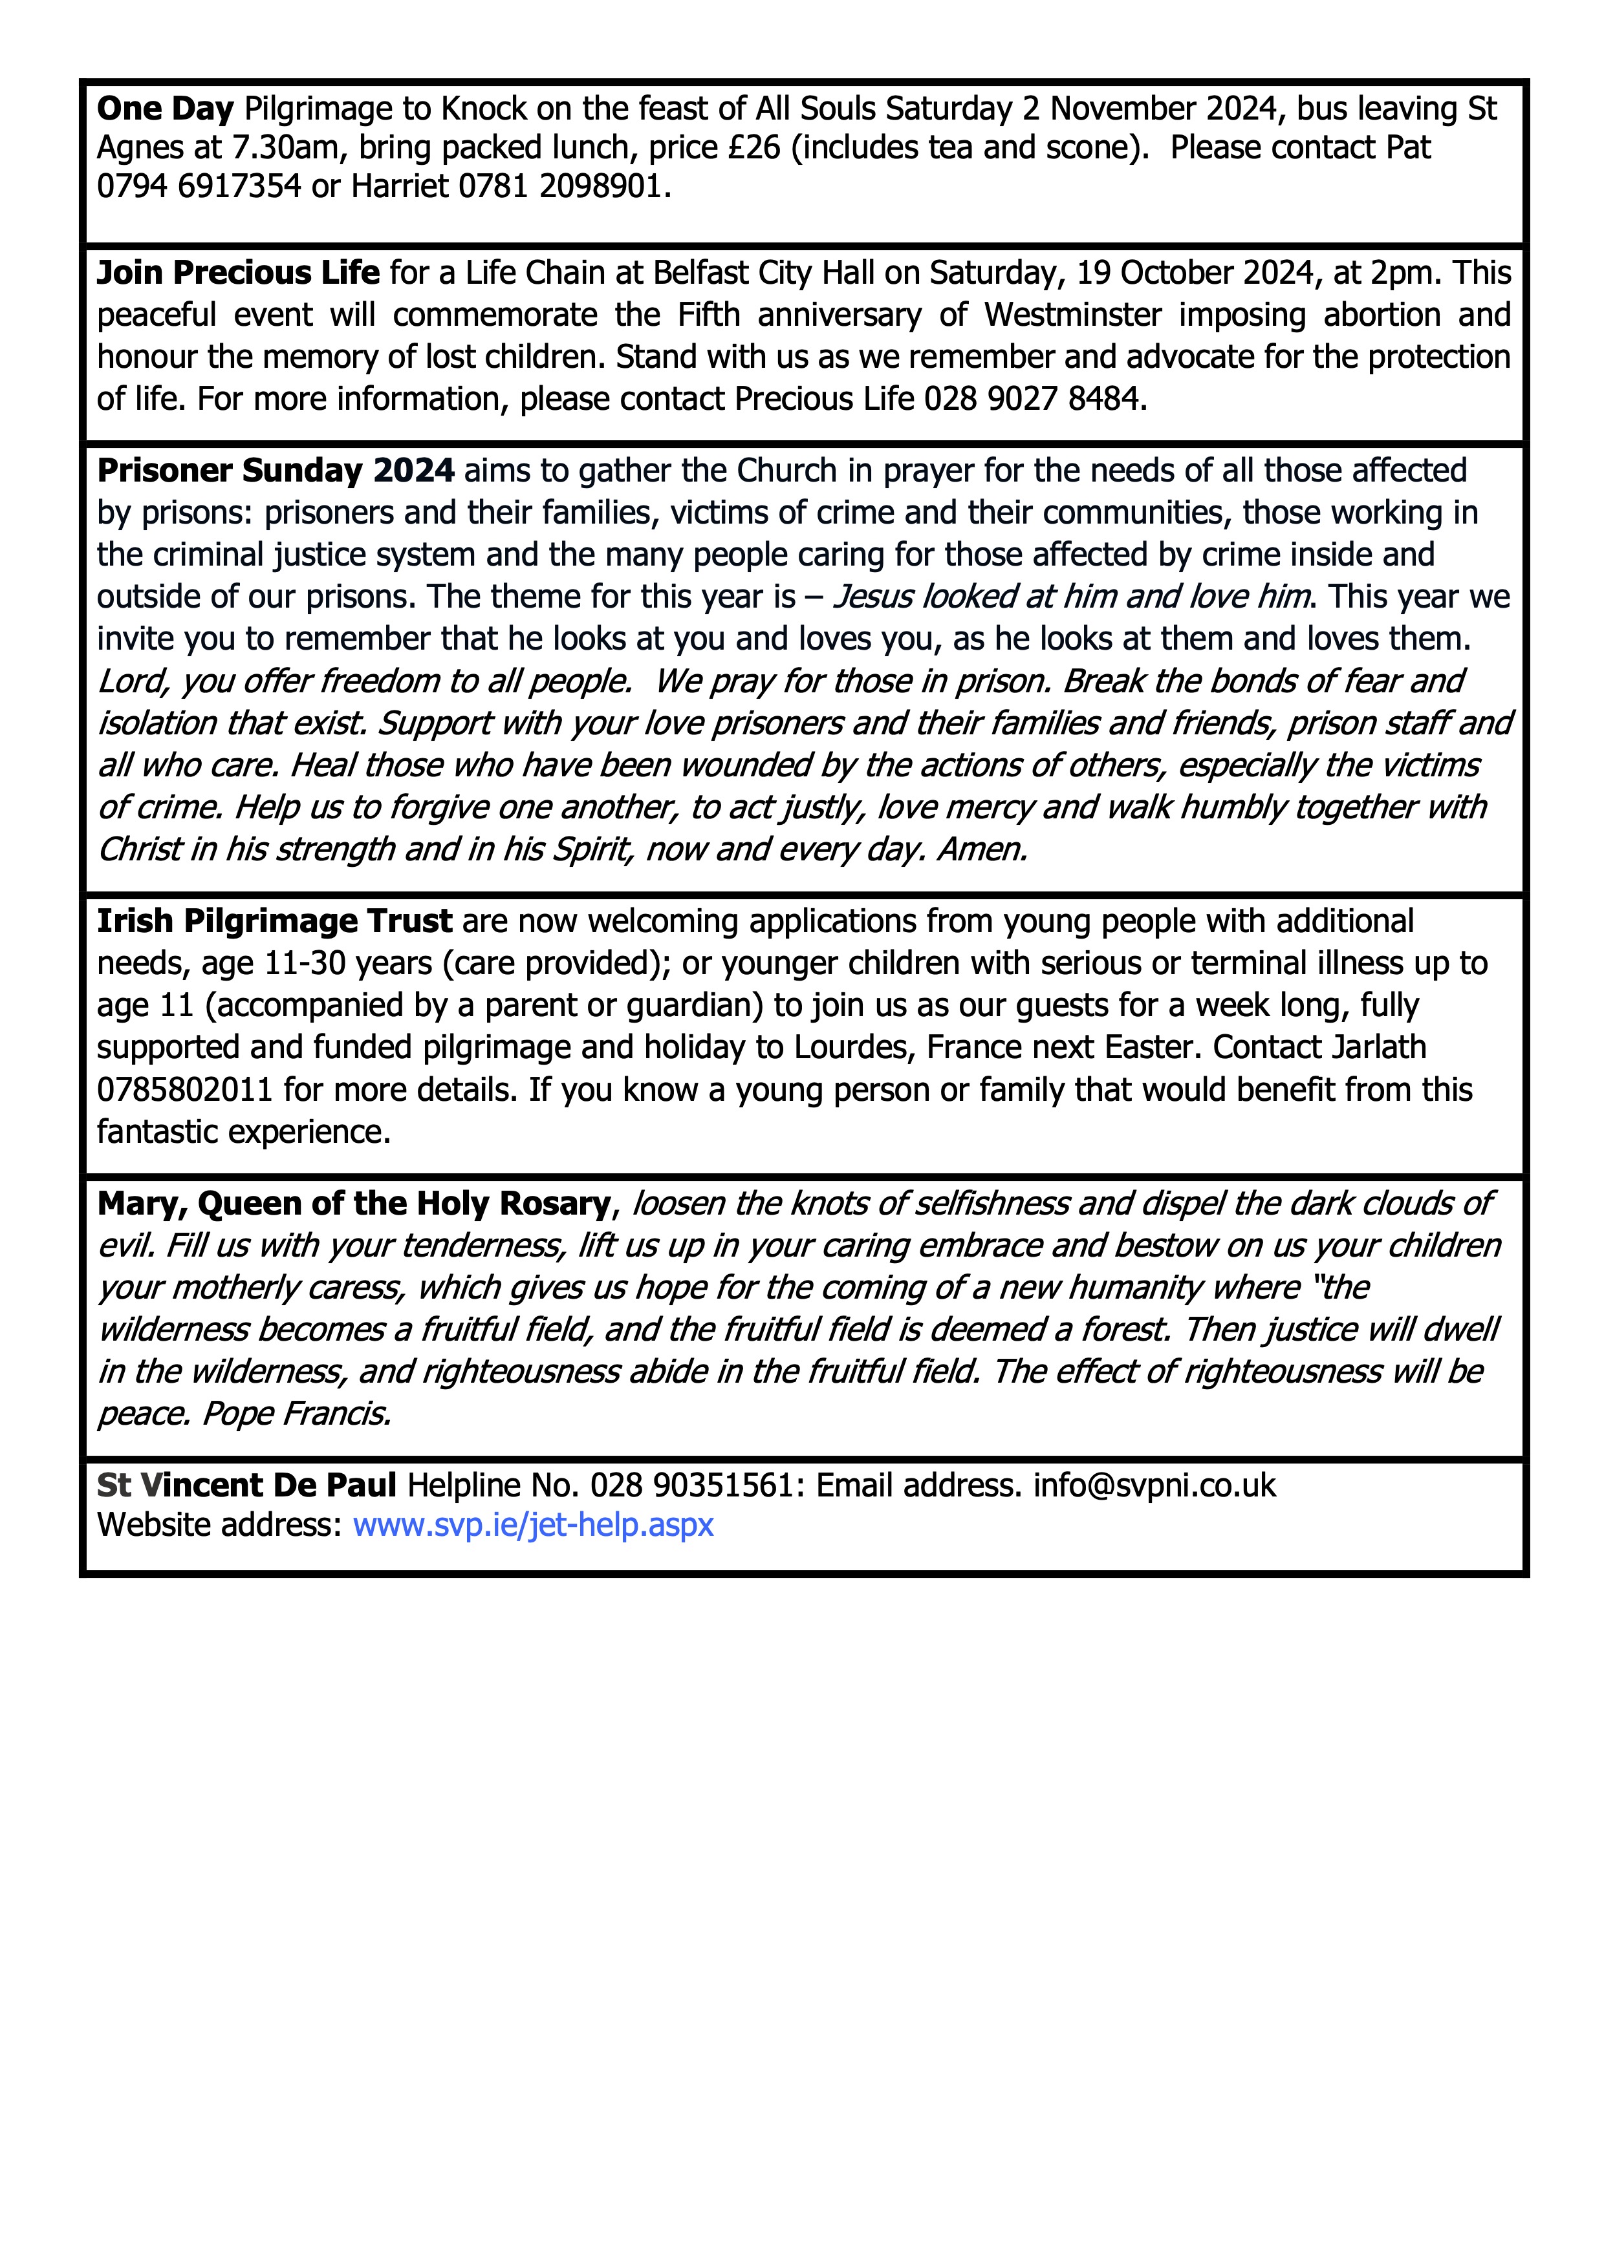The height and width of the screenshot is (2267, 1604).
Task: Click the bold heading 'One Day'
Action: tap(165, 109)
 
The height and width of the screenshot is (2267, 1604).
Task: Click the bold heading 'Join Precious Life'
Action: tap(238, 273)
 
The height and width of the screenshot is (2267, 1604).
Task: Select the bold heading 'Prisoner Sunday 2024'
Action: tap(276, 471)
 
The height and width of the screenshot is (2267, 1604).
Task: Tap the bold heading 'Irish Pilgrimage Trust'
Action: tap(275, 921)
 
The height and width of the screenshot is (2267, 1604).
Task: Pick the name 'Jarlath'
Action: tap(1378, 1048)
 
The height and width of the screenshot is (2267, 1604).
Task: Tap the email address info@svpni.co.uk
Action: tap(1154, 1485)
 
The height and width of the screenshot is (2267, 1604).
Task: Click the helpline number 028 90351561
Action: tap(691, 1485)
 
